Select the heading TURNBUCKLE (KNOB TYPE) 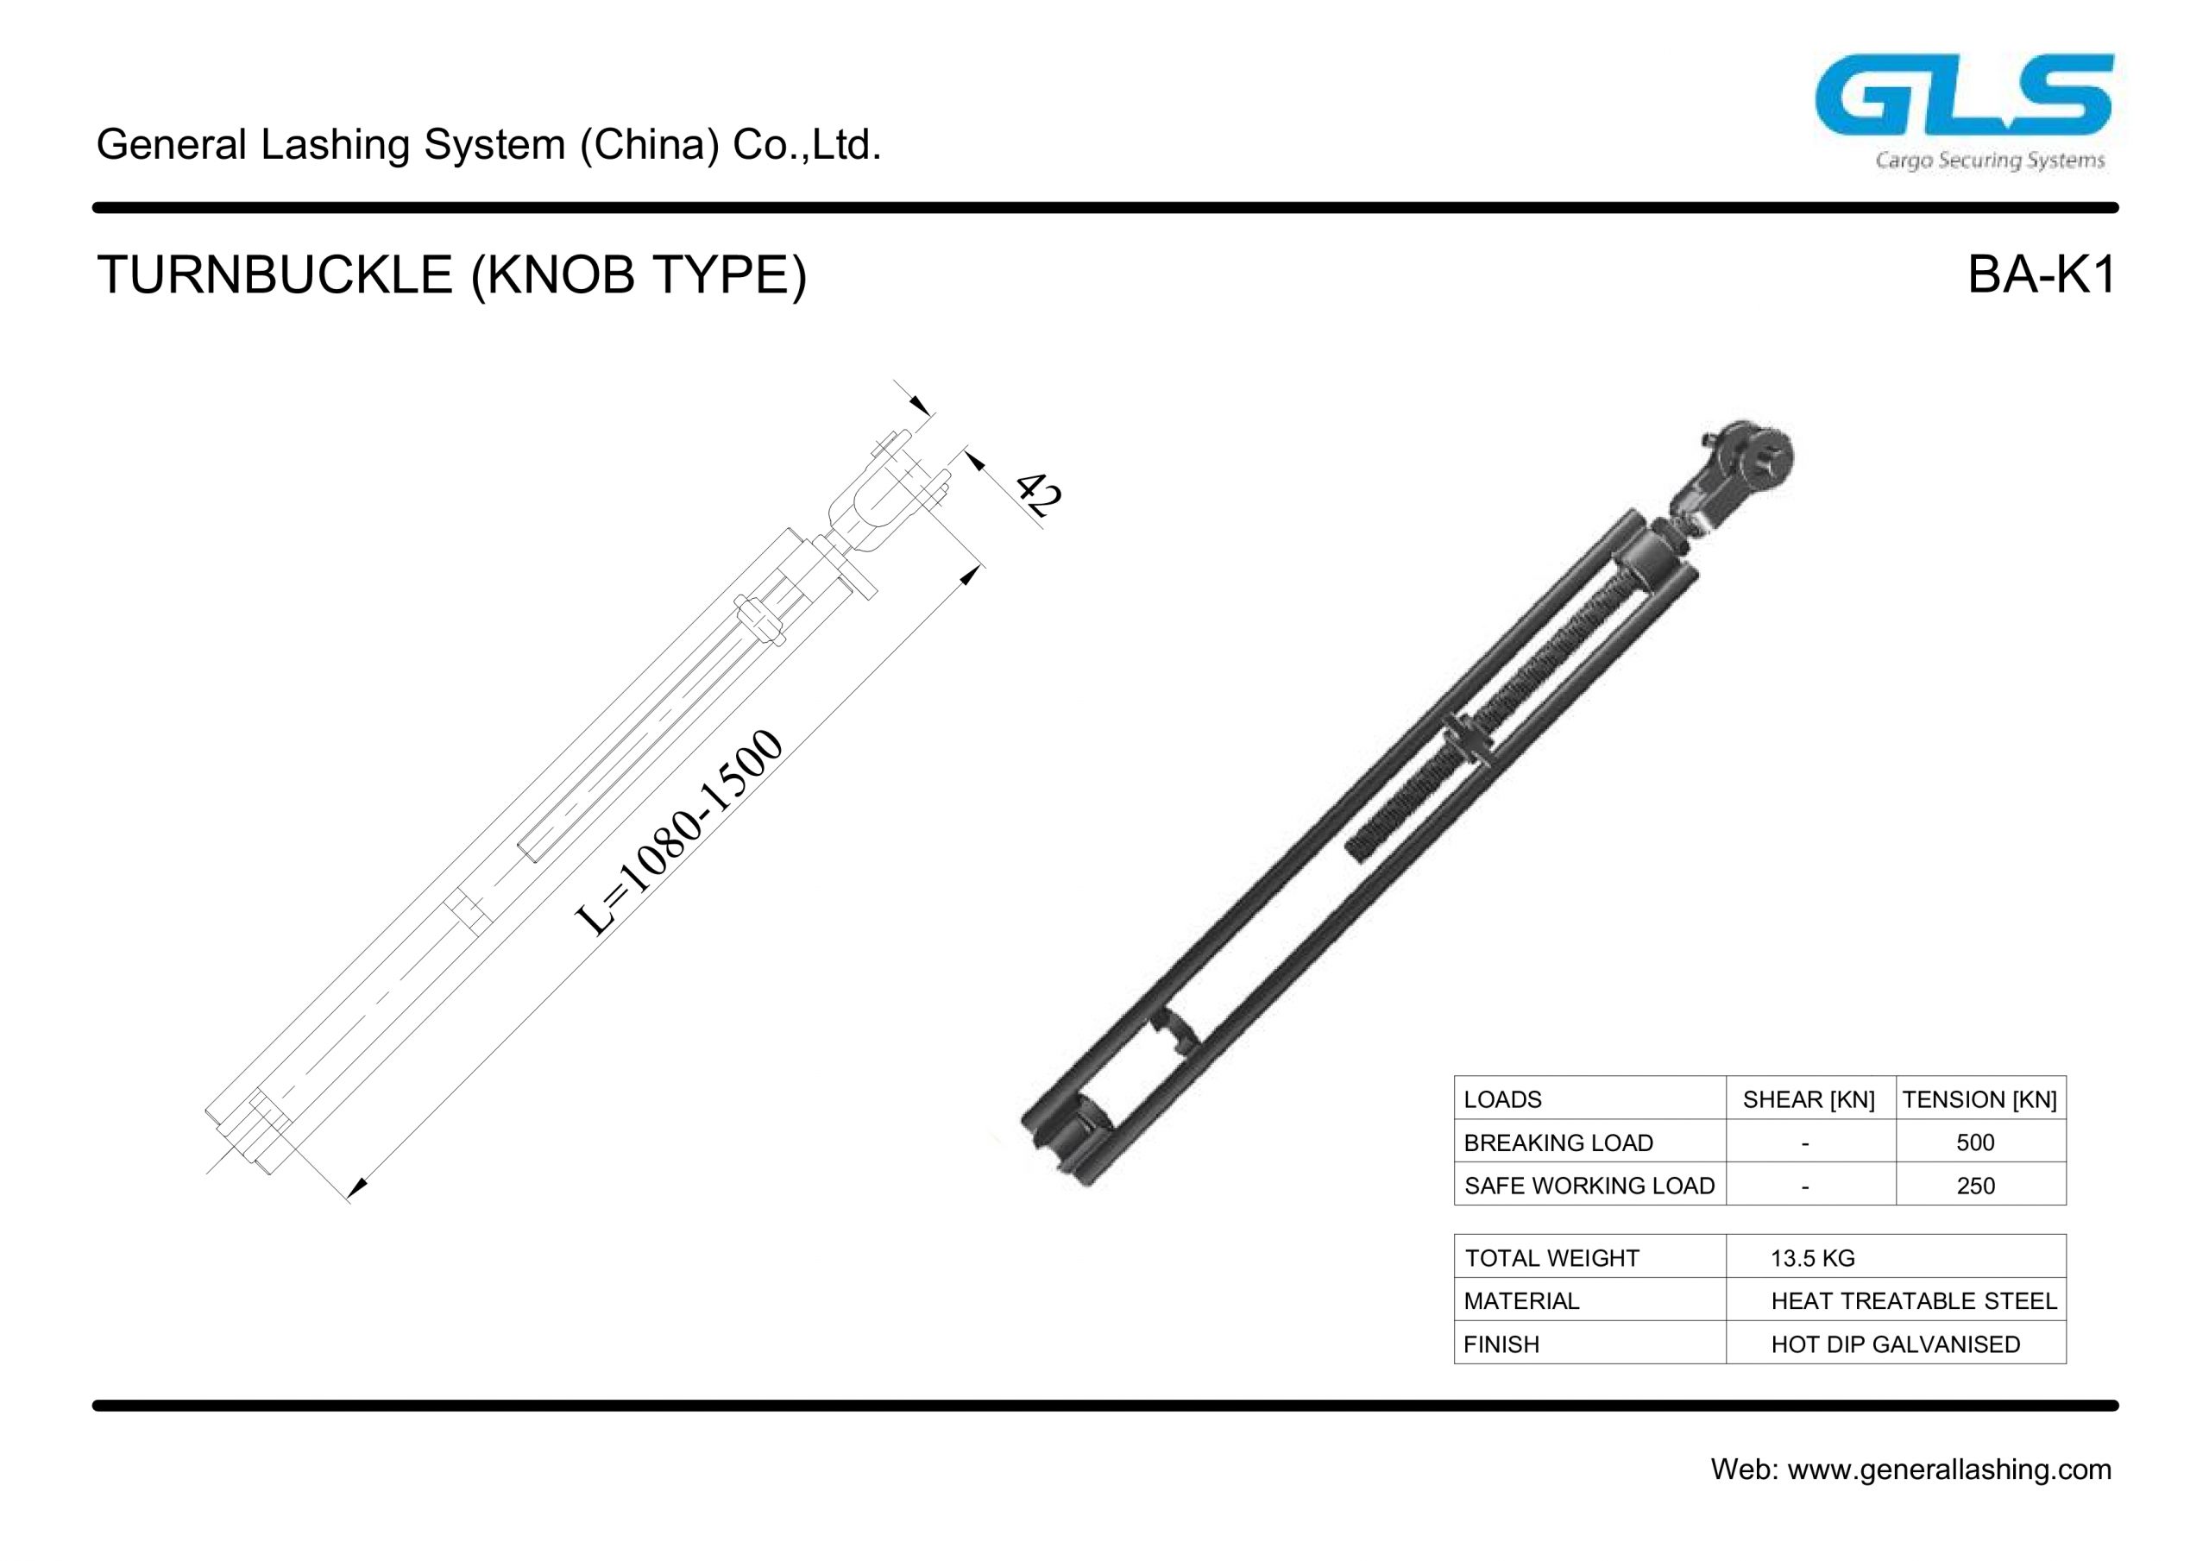pyautogui.click(x=451, y=275)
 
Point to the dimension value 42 pyautogui.click(x=1039, y=494)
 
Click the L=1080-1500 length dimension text pyautogui.click(x=679, y=834)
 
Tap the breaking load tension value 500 pyautogui.click(x=1975, y=1142)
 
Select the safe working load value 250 pyautogui.click(x=1975, y=1186)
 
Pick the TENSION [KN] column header pyautogui.click(x=1979, y=1099)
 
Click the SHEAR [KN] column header pyautogui.click(x=1809, y=1099)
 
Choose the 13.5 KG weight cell pyautogui.click(x=1813, y=1258)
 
